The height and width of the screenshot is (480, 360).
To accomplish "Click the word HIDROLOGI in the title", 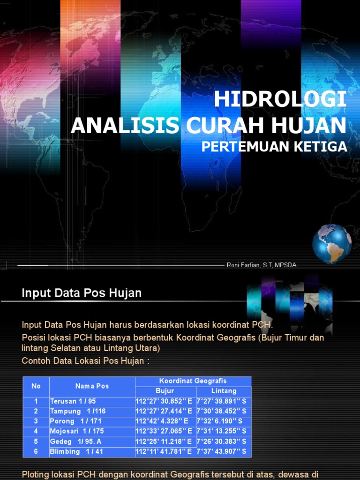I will (280, 99).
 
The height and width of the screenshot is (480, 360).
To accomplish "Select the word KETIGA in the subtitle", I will (321, 147).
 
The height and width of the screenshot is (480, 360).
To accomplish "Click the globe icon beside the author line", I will (332, 244).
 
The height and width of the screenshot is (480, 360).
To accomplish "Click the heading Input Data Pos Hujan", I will (82, 293).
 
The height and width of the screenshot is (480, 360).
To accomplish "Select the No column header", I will (36, 386).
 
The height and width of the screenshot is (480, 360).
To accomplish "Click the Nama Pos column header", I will (92, 386).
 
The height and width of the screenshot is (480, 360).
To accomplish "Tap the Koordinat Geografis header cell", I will (193, 381).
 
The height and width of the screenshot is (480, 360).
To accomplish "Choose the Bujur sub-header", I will (165, 391).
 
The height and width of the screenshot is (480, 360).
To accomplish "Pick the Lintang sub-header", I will (224, 391).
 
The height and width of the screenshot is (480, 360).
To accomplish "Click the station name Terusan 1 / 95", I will (73, 401).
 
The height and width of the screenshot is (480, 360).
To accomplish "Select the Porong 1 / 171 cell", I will (75, 421).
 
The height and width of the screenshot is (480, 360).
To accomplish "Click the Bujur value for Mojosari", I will (164, 431).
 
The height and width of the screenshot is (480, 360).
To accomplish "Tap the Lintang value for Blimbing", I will (221, 452).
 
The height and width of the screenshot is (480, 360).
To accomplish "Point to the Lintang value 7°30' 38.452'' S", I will (221, 411).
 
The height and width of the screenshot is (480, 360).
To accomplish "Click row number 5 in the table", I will (36, 442).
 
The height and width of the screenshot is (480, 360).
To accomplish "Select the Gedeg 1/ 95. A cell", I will (75, 442).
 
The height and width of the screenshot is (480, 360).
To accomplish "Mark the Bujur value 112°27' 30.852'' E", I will (164, 401).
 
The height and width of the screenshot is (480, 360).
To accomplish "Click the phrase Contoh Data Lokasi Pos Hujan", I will (85, 360).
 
